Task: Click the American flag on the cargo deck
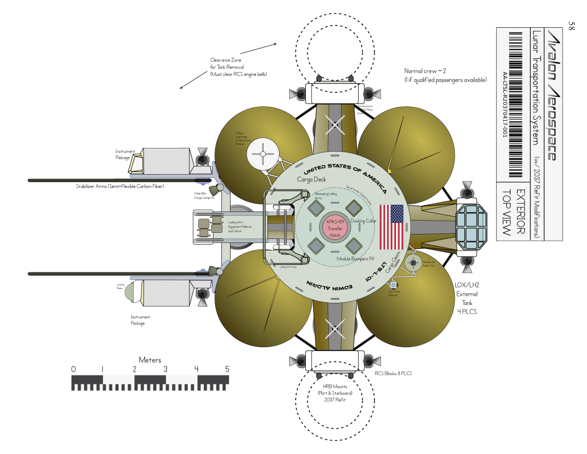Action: pyautogui.click(x=391, y=227)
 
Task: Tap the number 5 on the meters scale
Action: pyautogui.click(x=227, y=369)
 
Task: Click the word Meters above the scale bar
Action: pyautogui.click(x=150, y=360)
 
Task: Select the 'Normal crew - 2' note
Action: pyautogui.click(x=425, y=71)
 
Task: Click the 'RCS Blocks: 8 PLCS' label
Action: pyautogui.click(x=393, y=373)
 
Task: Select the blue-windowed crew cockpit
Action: pyautogui.click(x=472, y=228)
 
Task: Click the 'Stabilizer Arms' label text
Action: pyautogui.click(x=120, y=186)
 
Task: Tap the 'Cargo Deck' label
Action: pyautogui.click(x=311, y=179)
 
